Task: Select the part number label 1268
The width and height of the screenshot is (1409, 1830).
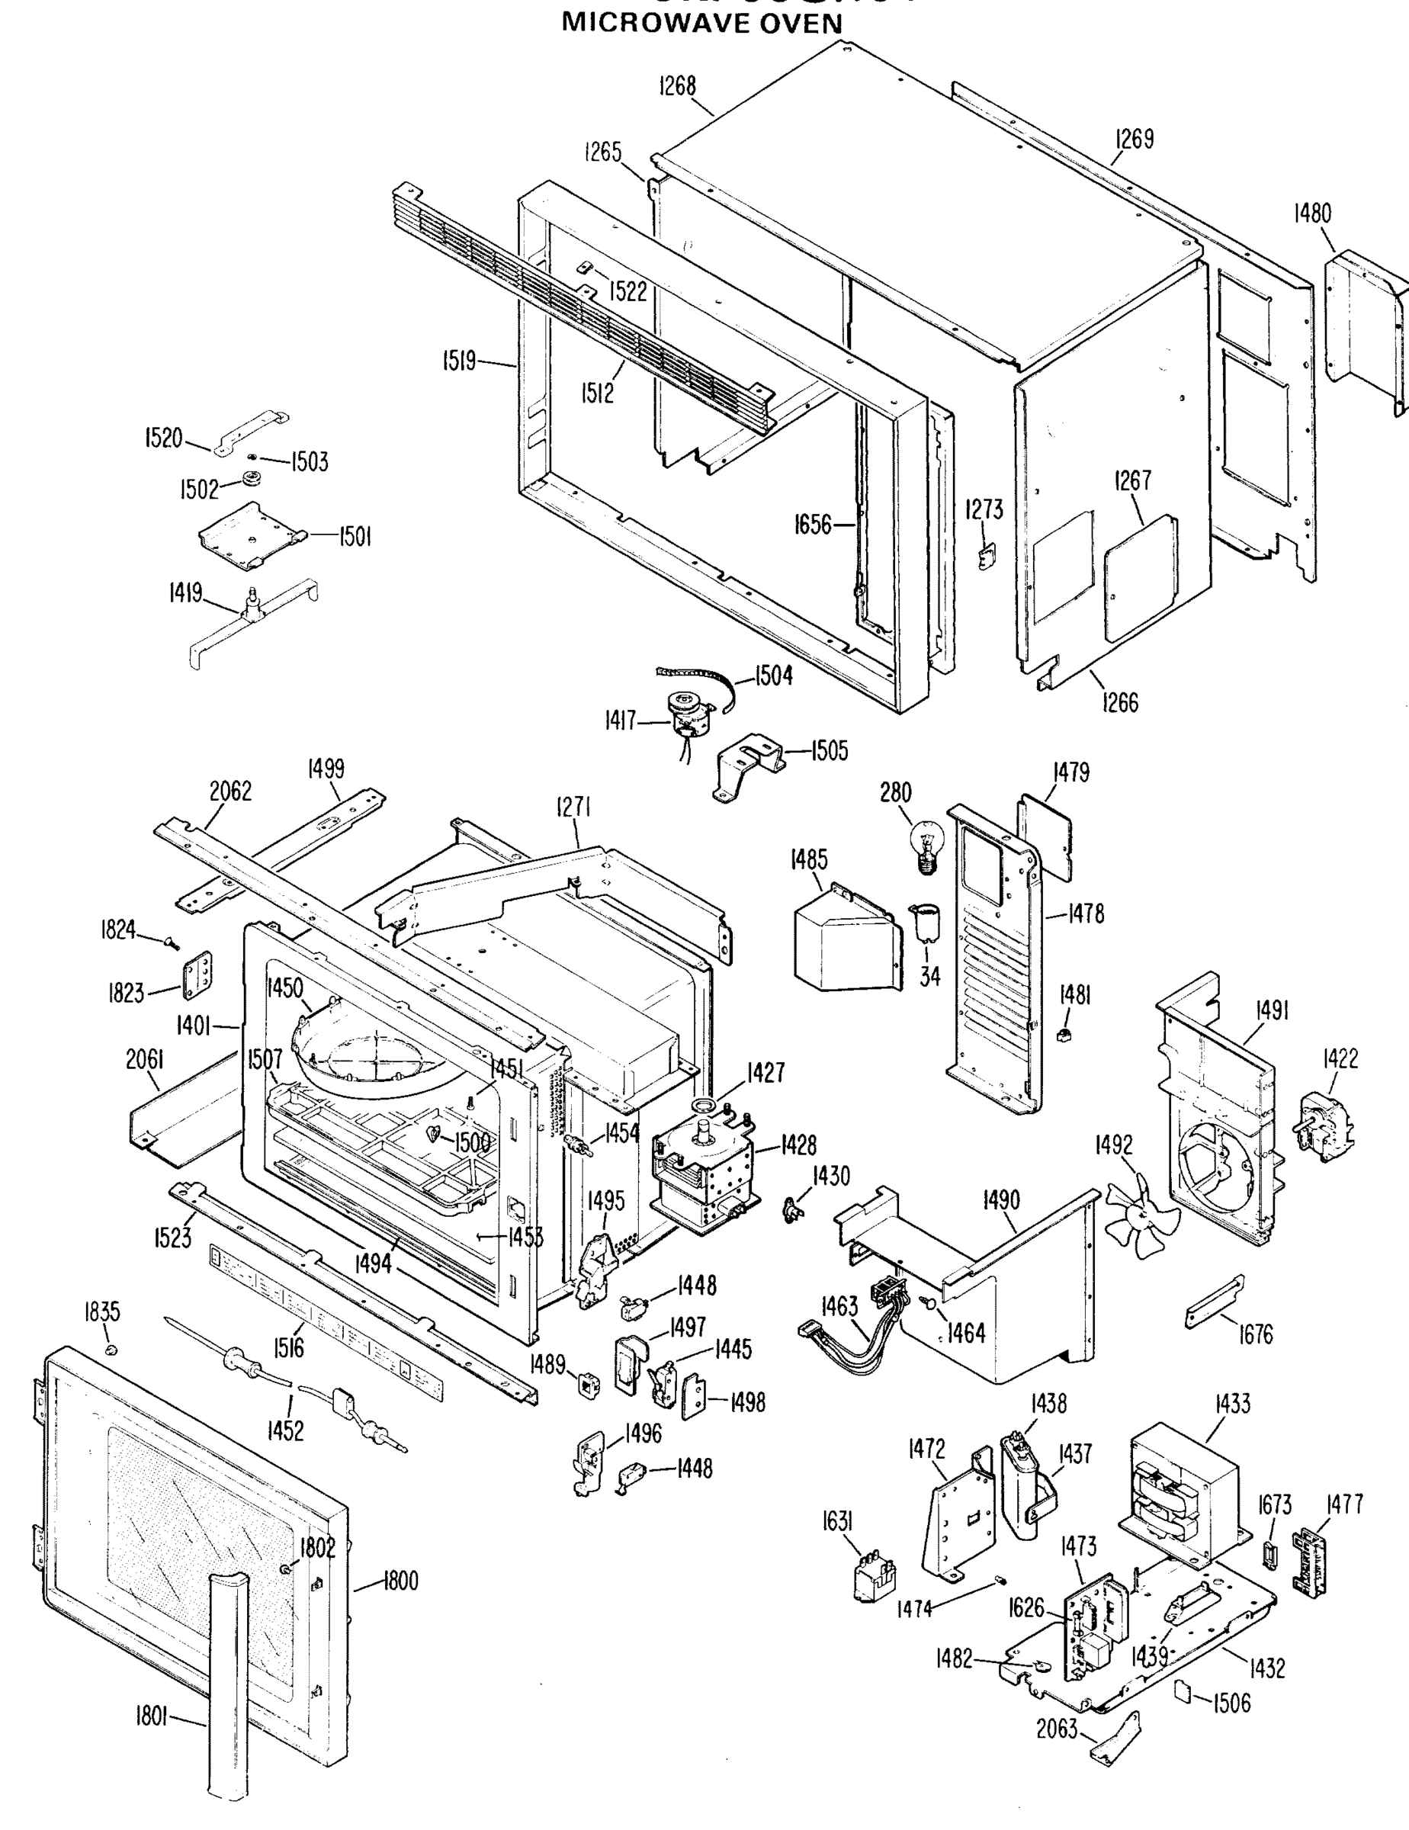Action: click(x=678, y=85)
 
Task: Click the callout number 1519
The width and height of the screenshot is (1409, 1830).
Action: click(x=460, y=361)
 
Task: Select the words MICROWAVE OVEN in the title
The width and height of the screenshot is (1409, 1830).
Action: click(x=701, y=23)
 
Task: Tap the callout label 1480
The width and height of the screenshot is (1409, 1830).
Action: click(x=1312, y=213)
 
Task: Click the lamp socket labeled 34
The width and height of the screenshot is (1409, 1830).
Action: click(x=927, y=923)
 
